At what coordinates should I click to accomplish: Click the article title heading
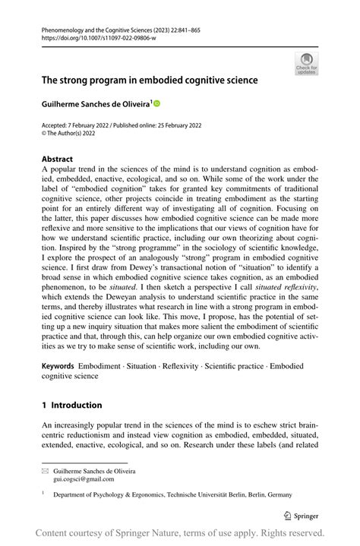tap(150, 79)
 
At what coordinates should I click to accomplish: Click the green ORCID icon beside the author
tap(157, 102)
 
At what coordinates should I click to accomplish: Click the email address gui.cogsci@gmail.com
tap(85, 479)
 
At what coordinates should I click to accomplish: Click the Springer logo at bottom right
tap(301, 515)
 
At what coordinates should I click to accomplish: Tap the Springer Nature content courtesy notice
tap(179, 532)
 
